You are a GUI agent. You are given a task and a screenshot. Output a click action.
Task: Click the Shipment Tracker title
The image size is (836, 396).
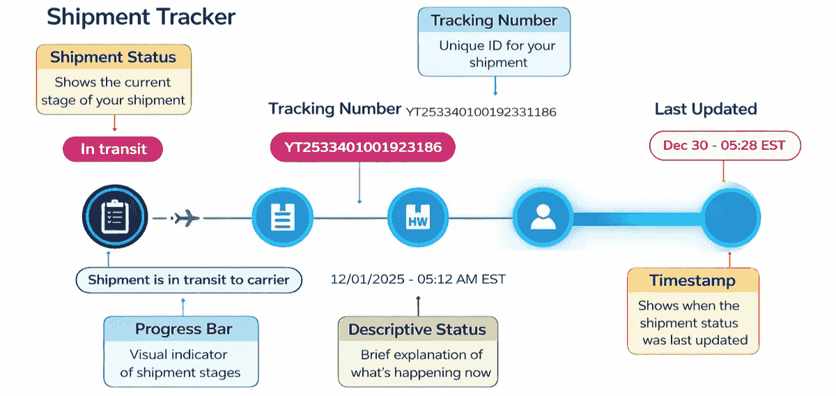141,17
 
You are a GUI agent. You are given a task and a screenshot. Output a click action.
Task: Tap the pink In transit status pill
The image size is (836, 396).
113,148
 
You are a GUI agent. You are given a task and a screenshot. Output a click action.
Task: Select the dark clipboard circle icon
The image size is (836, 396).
115,217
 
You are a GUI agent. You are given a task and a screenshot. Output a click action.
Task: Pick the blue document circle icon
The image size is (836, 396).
281,218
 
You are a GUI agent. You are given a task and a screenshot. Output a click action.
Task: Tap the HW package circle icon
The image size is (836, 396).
417,218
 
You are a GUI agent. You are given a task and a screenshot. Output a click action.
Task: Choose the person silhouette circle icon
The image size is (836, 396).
543,217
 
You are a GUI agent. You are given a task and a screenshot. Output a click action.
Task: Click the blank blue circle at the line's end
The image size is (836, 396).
730,218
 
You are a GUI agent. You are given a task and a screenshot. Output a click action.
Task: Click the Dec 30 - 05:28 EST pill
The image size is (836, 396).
725,146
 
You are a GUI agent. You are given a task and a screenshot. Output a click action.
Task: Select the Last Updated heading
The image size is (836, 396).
705,109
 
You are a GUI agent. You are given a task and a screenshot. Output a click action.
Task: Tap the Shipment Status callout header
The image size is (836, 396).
113,58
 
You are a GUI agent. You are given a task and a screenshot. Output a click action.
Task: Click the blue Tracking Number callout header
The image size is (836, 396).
494,20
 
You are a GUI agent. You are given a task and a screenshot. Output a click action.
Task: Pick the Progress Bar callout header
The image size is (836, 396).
183,329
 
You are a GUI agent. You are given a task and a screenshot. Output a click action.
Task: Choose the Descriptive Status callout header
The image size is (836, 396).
417,329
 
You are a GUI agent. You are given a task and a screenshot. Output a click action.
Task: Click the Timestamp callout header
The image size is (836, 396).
692,281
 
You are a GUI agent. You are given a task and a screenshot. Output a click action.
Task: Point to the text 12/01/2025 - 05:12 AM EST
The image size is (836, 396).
418,279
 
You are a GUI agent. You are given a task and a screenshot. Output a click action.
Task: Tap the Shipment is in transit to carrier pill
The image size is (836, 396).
189,280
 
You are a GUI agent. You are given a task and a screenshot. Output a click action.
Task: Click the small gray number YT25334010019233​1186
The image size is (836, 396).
481,112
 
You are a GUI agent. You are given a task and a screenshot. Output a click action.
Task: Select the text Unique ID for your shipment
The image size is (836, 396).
497,54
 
